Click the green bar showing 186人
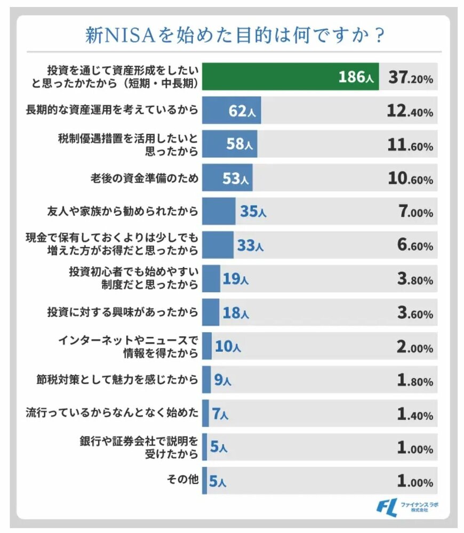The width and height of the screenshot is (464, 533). coord(291,77)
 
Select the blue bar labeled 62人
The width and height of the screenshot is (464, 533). coord(232,111)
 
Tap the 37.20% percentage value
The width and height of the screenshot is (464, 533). coord(410,78)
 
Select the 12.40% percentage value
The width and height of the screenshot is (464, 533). coord(410,112)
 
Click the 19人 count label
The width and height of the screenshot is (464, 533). coord(236,279)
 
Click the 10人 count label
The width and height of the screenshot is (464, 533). coord(228,347)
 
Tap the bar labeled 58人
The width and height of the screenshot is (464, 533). coord(230,144)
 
